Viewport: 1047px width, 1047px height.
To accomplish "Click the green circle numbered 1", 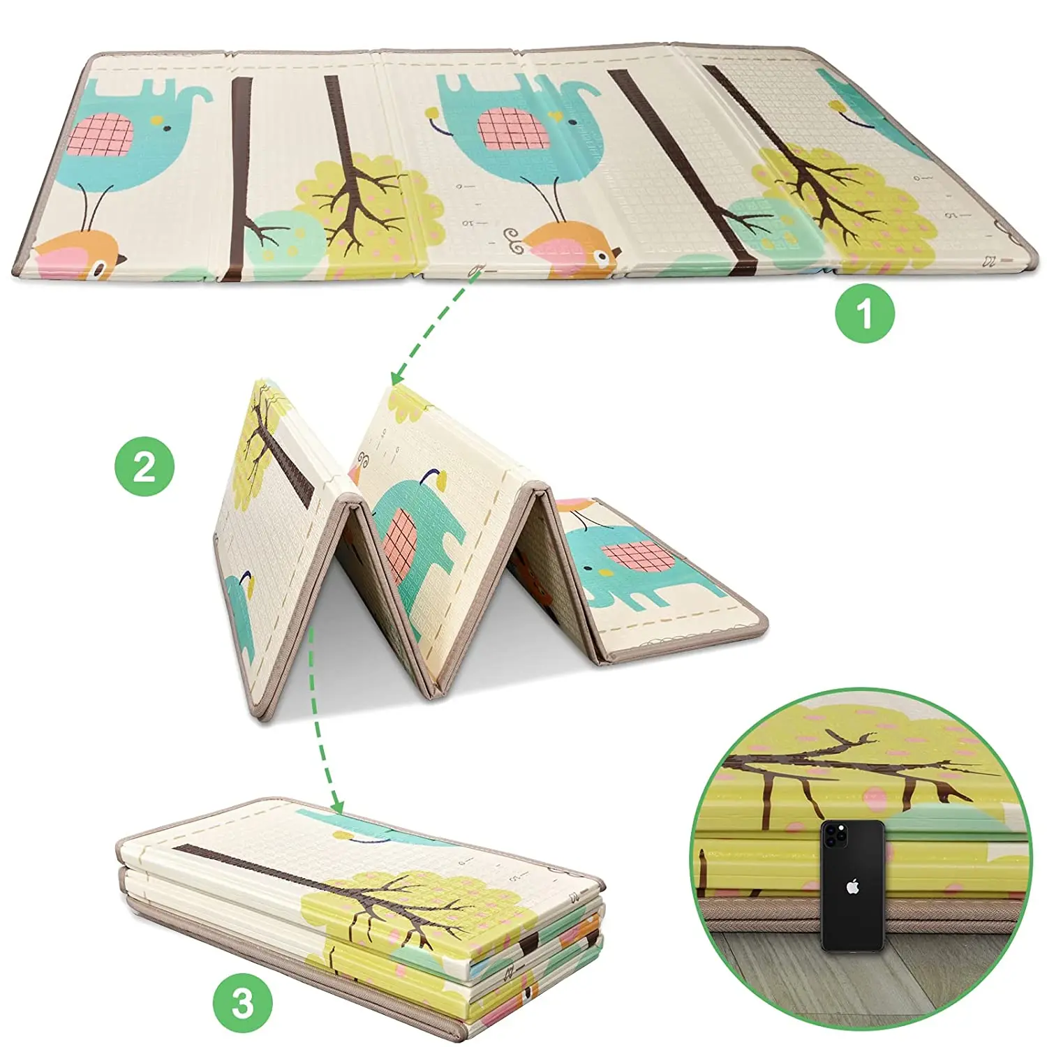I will pyautogui.click(x=865, y=313).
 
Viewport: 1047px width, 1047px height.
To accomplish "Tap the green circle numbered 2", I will pyautogui.click(x=144, y=466).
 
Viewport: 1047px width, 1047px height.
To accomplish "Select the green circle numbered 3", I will pyautogui.click(x=242, y=1003).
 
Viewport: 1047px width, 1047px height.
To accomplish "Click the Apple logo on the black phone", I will pyautogui.click(x=852, y=888).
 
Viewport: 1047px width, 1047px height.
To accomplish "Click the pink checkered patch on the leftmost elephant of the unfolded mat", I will pyautogui.click(x=101, y=135).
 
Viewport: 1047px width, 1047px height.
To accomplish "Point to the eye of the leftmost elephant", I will pyautogui.click(x=167, y=128).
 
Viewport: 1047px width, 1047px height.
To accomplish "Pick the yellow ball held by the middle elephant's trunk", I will pyautogui.click(x=433, y=112).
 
